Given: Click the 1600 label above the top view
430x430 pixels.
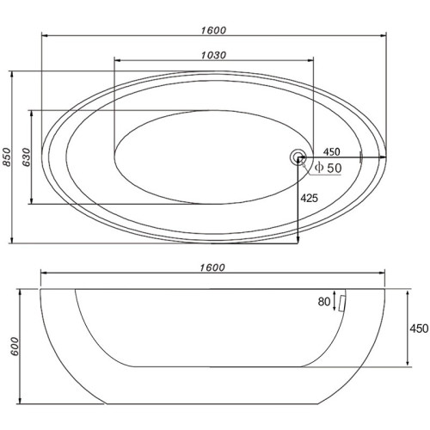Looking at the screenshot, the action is (x=213, y=30).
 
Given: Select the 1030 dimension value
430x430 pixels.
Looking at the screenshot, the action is (x=213, y=55).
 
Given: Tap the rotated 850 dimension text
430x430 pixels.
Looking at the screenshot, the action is (x=7, y=157).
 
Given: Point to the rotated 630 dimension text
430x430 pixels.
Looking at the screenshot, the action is (x=27, y=157).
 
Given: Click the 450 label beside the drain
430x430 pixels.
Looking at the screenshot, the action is (x=332, y=151).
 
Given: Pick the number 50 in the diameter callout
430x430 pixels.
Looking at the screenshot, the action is (x=335, y=168).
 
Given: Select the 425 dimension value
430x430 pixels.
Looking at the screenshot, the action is (x=310, y=198).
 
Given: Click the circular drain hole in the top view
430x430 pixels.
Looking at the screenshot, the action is (x=298, y=157).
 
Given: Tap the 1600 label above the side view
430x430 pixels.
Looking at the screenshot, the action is (x=212, y=267).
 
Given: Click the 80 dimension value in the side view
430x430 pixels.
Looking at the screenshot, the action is (x=324, y=302).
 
